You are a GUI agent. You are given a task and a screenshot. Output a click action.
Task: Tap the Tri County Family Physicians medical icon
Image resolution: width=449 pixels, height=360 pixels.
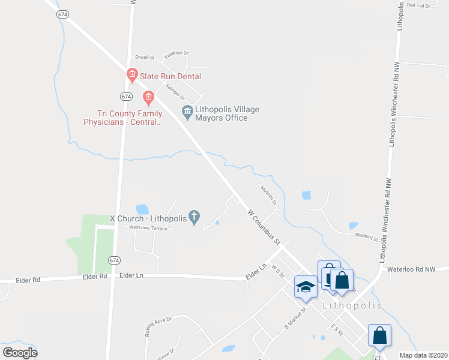tap(147, 97)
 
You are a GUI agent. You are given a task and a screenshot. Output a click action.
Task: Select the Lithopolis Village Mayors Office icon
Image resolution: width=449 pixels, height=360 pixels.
tap(187, 112)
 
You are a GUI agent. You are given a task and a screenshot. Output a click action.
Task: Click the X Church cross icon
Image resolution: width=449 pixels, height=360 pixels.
tap(194, 217)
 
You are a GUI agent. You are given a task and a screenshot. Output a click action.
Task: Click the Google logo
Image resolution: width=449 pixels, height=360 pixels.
tap(20, 352)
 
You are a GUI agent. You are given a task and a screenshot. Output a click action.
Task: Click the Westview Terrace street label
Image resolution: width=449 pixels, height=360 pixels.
tap(148, 229)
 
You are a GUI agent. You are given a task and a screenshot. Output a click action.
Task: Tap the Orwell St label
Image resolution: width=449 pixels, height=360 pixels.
tap(145, 58)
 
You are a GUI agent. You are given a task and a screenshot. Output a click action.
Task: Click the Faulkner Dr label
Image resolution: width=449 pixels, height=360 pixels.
tap(176, 53)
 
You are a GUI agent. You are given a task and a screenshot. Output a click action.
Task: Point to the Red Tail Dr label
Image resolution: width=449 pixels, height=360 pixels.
tap(419, 5)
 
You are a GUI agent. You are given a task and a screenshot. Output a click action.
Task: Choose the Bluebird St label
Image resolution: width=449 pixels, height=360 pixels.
tap(366, 237)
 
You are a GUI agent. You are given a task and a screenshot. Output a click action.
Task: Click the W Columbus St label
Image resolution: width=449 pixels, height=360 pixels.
tap(265, 227)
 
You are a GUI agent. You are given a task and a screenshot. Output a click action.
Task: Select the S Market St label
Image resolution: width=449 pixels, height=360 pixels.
tap(295, 320)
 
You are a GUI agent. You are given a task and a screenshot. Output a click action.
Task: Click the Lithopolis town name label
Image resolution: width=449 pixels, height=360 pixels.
tap(352, 305)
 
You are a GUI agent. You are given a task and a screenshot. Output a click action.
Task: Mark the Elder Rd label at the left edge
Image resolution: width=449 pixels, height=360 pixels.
tap(28, 280)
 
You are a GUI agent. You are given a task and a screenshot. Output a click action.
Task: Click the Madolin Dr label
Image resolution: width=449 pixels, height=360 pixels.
tap(268, 194)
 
